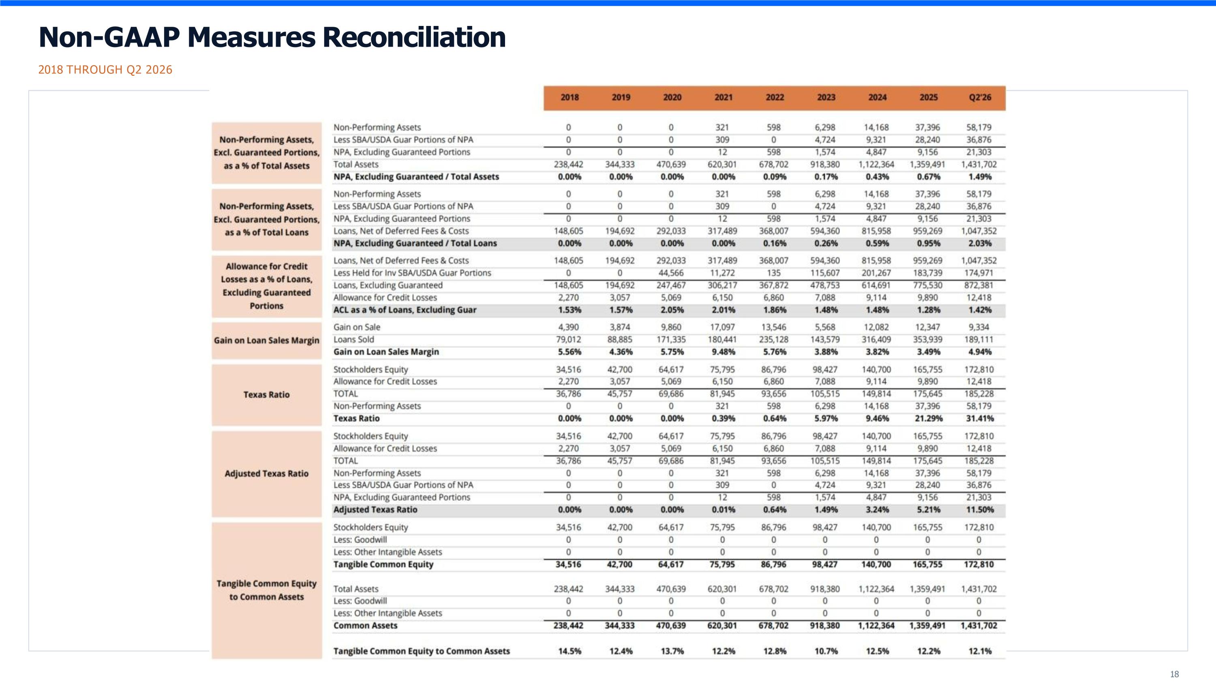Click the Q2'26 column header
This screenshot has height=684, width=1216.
coord(980,97)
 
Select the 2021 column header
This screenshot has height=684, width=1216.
coord(723,97)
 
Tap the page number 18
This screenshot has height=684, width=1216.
coord(1175,674)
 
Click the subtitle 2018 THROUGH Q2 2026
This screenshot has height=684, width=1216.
coord(105,70)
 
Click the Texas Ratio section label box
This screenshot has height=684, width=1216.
coord(267,395)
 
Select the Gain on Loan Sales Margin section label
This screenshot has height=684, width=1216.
coord(267,340)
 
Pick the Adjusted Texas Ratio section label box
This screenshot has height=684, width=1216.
coord(267,474)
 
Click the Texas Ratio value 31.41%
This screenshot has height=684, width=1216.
coord(980,418)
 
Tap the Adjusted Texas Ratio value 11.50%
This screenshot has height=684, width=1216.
coord(980,509)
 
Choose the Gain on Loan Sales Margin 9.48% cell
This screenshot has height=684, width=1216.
coord(723,352)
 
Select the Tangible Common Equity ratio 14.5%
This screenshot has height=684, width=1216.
coord(569,651)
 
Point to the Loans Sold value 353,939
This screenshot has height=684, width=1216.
coord(927,339)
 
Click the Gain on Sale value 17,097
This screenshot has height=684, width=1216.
coord(722,327)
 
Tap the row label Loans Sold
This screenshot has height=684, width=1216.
coord(353,339)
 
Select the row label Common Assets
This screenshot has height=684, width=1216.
coord(365,626)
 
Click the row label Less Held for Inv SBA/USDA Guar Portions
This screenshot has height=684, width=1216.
coord(412,273)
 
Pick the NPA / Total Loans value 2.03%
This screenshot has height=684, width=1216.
coord(980,243)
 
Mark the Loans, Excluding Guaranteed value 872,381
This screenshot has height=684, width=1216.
coord(978,285)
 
